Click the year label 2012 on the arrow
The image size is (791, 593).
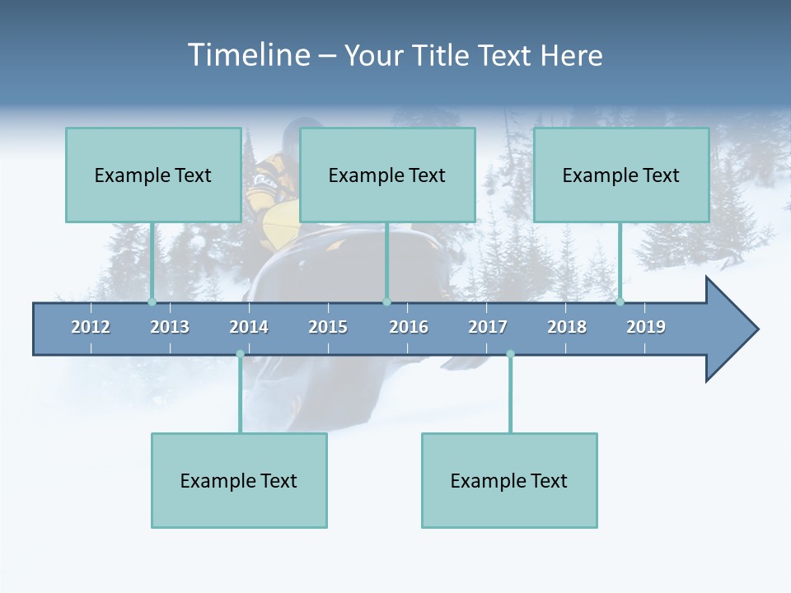91,327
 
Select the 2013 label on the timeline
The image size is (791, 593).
170,327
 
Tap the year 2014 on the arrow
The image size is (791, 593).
249,327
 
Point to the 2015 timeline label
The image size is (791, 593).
328,327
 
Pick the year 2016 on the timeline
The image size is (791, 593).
409,327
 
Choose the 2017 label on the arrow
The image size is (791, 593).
488,327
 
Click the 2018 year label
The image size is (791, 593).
567,327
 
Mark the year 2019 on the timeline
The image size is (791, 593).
646,327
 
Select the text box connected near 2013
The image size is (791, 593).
153,175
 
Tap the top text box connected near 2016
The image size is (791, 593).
387,175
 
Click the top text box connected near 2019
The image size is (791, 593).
621,175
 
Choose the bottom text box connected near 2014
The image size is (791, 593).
239,480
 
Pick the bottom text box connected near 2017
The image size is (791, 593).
509,480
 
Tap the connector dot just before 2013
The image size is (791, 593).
152,302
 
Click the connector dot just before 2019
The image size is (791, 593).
620,302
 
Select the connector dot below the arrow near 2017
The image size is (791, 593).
510,354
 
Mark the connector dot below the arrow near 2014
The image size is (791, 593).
240,354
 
